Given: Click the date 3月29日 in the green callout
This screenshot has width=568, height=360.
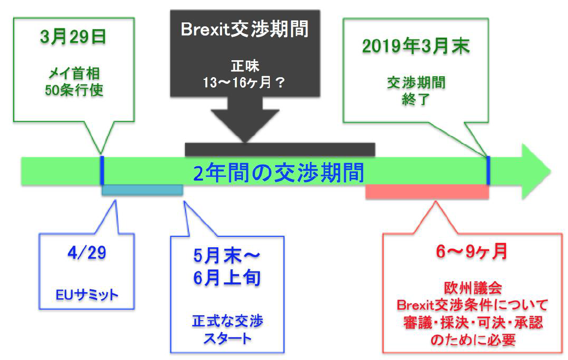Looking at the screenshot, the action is tap(73, 37).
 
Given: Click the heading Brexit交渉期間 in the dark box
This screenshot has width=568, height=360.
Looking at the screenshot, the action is tap(245, 28).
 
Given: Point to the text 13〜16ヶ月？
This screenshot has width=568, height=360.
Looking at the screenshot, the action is tap(244, 83).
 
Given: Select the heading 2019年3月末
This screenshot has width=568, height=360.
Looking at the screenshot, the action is tap(416, 46).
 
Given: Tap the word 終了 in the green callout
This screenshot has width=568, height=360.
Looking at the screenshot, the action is tap(416, 99).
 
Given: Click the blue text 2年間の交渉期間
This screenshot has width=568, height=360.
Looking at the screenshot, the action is tap(279, 173).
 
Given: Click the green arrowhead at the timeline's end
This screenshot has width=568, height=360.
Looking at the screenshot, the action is tap(534, 171).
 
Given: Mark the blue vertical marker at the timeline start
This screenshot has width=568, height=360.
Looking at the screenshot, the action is tap(102, 171).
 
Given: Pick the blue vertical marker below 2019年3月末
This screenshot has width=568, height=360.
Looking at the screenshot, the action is tap(488, 171).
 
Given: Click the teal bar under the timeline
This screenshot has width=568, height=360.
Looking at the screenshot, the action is tap(142, 190).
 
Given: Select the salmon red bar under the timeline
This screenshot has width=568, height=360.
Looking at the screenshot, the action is tap(427, 191).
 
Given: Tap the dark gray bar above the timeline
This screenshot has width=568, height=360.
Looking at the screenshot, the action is tap(280, 149).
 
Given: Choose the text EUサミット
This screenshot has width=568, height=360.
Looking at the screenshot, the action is tap(87, 295).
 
